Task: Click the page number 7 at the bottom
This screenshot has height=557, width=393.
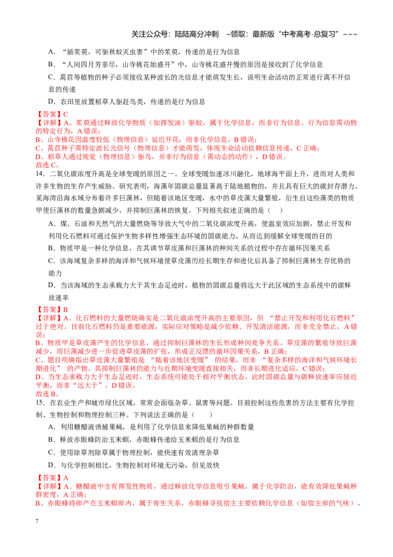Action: point(37,521)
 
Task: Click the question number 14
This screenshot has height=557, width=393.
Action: point(40,174)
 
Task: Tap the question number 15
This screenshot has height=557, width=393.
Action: point(40,402)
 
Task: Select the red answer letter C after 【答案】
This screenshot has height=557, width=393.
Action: point(66,114)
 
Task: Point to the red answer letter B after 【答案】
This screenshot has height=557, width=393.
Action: point(66,309)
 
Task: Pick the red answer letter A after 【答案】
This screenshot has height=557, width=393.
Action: point(66,478)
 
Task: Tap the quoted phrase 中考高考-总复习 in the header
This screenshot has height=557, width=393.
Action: point(309,34)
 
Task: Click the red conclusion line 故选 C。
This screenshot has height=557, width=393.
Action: point(48,165)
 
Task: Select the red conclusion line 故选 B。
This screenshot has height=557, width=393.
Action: point(48,394)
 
